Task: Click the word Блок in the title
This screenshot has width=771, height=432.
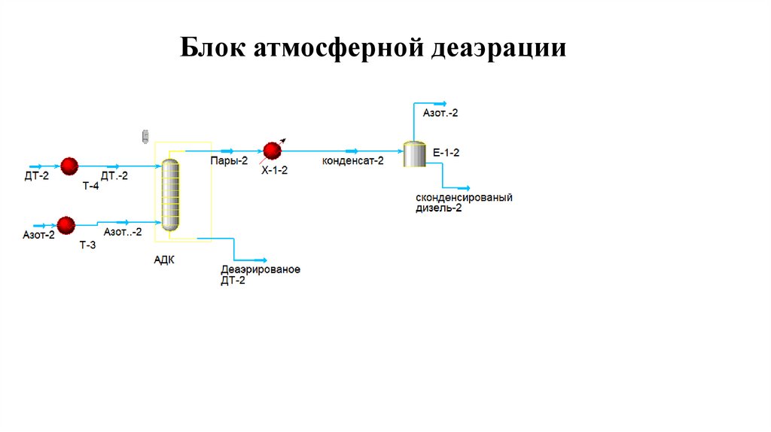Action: coord(213,50)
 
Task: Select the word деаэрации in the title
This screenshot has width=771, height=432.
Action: coord(499,50)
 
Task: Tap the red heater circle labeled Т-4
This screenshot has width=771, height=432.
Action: coord(69,166)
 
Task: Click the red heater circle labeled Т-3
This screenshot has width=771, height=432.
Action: coord(66,224)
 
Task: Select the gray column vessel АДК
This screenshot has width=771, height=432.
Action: coord(172,190)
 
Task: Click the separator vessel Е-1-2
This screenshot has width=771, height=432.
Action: coord(413,154)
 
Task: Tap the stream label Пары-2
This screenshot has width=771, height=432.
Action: coord(230,160)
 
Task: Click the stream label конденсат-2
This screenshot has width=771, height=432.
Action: coord(352,160)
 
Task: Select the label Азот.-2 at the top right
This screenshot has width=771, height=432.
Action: coord(440,113)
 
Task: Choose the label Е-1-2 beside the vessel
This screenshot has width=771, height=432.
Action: coord(446,152)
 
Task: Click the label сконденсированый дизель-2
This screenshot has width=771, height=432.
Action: coord(464,202)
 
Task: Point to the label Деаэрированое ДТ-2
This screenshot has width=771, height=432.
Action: coord(260,275)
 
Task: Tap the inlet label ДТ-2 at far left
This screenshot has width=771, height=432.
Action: coord(36,176)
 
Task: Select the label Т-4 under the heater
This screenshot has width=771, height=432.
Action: coord(90,186)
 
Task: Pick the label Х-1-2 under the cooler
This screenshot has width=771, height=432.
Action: coord(274,171)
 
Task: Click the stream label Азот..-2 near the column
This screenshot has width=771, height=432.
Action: coord(123,233)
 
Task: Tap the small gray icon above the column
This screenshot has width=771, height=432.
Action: coord(145,136)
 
